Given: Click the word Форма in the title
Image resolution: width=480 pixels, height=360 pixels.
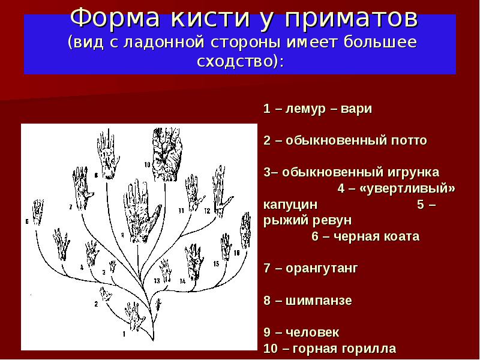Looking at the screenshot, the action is tap(115, 18).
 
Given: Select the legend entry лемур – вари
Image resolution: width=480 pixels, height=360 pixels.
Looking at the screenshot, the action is tap(328, 109).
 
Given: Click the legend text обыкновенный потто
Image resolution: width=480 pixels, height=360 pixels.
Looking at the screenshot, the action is tap(356, 140).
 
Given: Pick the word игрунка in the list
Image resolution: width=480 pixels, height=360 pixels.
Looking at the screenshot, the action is tap(413, 172).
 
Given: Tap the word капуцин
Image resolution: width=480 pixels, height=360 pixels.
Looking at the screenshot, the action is tap(290, 205).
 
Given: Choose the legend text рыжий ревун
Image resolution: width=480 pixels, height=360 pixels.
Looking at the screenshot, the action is tap(307, 220).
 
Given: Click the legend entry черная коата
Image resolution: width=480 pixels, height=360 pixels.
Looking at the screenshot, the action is tap(377, 236).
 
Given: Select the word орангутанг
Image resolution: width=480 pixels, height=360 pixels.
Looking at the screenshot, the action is tap(322, 268).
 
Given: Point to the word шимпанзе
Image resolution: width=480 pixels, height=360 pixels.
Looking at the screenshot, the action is tap(319, 301).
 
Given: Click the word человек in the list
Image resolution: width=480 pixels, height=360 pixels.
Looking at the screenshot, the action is tap(312, 332).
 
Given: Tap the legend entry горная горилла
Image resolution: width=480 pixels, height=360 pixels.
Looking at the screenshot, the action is tap(344, 349).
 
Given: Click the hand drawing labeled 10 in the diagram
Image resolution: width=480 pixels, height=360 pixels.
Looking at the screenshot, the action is tap(167, 155).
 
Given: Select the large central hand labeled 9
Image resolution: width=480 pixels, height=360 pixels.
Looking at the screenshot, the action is tap(141, 211).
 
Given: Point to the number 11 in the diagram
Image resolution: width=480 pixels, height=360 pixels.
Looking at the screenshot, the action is tap(181, 211).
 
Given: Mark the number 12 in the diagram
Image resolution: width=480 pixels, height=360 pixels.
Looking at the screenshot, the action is tap(207, 211).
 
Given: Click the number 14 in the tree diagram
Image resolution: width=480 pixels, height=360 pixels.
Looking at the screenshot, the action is tap(182, 281).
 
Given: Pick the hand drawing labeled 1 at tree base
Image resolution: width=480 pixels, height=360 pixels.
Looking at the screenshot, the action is tap(135, 316).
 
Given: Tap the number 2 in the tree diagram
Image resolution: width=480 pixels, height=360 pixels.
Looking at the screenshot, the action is tap(96, 304).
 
